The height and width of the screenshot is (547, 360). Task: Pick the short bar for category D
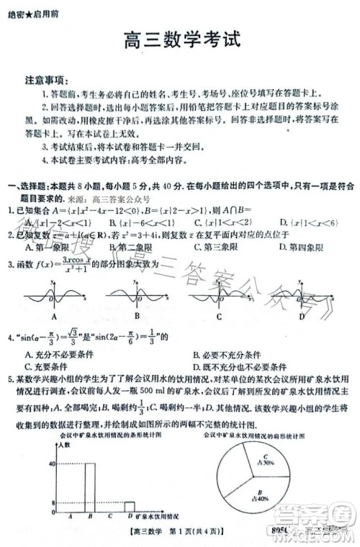click(x=129, y=506)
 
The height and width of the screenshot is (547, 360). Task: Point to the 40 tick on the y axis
click(x=52, y=464)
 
